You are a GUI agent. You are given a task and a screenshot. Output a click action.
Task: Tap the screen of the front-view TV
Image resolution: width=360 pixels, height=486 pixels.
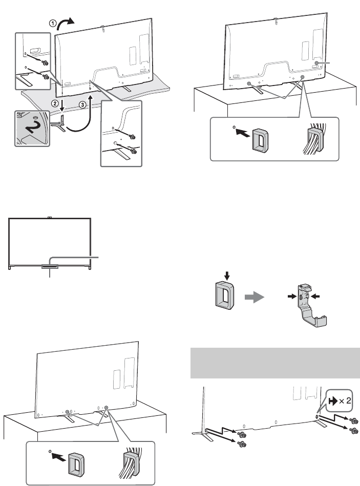point(50,241)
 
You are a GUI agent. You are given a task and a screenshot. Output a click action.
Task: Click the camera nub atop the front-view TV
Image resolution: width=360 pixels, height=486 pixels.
point(50,218)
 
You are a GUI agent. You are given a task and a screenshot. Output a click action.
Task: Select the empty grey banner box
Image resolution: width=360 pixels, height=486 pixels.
point(276,361)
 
